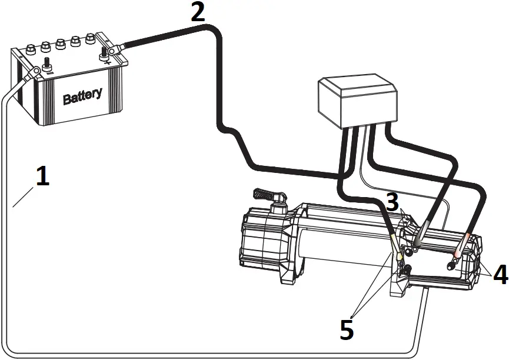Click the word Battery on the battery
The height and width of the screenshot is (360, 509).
coord(82,95)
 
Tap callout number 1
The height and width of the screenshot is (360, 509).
coord(42,176)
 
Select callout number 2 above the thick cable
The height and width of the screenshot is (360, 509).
coord(198,11)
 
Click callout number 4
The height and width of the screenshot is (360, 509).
coord(500,274)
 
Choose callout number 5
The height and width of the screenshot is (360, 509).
coord(347,330)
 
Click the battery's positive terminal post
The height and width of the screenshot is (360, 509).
coord(107,54)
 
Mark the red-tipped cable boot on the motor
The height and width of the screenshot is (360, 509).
coord(466,241)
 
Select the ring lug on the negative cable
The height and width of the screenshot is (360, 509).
coord(35,71)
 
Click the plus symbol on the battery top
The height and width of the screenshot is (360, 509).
coord(107,62)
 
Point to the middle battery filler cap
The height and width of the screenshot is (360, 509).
coord(59,44)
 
